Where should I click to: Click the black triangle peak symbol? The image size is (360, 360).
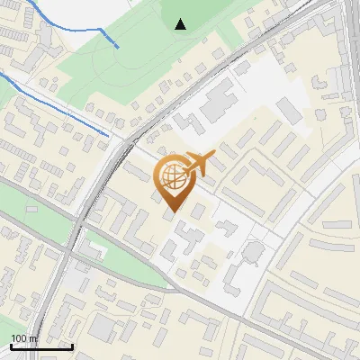coord(181,24)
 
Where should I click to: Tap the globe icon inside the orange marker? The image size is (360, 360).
coord(172,177)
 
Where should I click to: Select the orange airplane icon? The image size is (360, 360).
coord(199,164)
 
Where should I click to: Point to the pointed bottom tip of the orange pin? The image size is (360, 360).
coord(172,211)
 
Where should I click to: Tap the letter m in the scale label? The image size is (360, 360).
coord(34,338)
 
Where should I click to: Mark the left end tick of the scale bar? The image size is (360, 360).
coord(11,346)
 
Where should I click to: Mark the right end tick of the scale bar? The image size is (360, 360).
coord(72,346)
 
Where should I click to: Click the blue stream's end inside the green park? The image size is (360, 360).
coord(117,46)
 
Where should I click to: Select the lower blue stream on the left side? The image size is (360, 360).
coord(54,107)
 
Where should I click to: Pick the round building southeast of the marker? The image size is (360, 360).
coord(255,247)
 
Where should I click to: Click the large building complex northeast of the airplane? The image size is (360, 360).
coord(216,103)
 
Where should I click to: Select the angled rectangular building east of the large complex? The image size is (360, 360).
coord(291,112)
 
